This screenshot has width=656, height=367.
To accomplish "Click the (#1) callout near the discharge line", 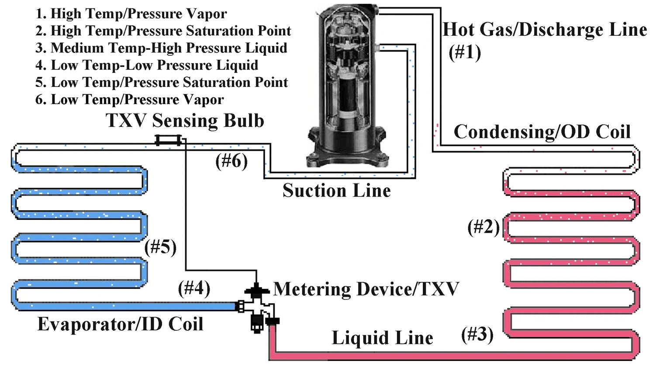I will pyautogui.click(x=465, y=52).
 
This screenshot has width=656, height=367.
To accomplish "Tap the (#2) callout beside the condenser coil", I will pyautogui.click(x=483, y=227).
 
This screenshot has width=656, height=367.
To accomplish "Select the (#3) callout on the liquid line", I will pyautogui.click(x=477, y=335).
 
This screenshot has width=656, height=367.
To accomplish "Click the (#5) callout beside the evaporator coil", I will pyautogui.click(x=160, y=247).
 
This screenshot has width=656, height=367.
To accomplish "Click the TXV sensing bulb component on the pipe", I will pyautogui.click(x=168, y=140).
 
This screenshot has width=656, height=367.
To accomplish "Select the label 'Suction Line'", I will pyautogui.click(x=336, y=190).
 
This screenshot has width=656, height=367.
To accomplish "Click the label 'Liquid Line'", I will pyautogui.click(x=382, y=338).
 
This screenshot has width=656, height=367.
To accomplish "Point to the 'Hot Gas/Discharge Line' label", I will pyautogui.click(x=545, y=30).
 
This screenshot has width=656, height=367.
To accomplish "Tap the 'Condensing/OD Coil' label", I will pyautogui.click(x=542, y=132).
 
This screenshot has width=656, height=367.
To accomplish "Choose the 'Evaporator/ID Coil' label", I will pyautogui.click(x=121, y=324).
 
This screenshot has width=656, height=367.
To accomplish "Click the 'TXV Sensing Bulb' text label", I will pyautogui.click(x=185, y=121).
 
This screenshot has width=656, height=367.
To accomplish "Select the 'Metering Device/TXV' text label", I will pyautogui.click(x=366, y=289).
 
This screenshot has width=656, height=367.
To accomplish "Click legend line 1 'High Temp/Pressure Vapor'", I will pyautogui.click(x=131, y=14).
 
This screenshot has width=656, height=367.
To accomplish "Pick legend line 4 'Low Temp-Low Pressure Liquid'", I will pyautogui.click(x=147, y=65).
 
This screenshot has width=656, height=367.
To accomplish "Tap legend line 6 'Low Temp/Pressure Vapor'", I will pyautogui.click(x=130, y=100).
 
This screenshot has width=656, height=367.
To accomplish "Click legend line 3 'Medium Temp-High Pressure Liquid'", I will pyautogui.click(x=161, y=48).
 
